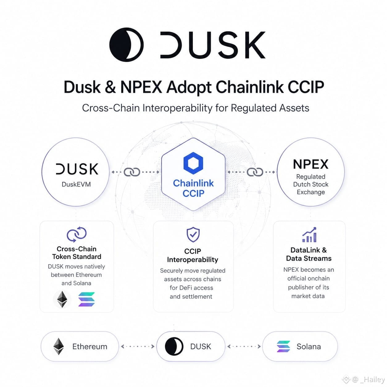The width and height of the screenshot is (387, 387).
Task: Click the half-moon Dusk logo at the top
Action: tap(126, 44)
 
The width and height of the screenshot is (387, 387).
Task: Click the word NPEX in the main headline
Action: tap(141, 87)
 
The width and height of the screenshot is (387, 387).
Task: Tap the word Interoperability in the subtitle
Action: tap(177, 108)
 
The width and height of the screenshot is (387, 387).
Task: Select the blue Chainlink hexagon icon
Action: tap(193, 163)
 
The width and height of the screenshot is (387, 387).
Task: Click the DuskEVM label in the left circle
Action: tap(76, 184)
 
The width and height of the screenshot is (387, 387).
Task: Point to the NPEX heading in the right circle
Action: tap(310, 164)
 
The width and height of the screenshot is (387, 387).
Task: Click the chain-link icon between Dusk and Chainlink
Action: tap(132, 172)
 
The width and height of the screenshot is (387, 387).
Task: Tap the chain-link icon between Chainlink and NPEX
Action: tap(255, 172)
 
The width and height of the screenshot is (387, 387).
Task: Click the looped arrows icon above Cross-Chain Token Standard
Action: tap(77, 234)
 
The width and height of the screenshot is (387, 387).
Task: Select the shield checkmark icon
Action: tap(193, 234)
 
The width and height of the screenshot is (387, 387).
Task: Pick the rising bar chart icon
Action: tap(310, 235)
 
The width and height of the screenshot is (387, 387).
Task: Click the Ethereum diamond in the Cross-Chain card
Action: tap(62, 299)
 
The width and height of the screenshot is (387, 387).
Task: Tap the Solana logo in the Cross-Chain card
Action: tap(86, 299)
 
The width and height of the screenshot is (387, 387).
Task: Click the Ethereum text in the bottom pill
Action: tap(89, 347)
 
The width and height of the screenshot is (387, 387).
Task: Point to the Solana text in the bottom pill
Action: tap(309, 347)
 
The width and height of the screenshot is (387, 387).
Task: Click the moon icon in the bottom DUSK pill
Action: tap(174, 347)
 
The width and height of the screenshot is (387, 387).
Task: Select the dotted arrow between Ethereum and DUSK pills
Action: tap(138, 347)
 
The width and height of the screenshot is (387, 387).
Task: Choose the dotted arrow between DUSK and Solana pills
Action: tap(244, 347)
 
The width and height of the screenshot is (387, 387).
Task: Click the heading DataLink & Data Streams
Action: tap(309, 254)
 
